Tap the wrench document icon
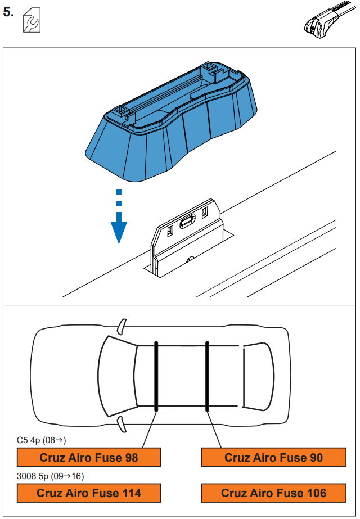31,22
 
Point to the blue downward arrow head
118,232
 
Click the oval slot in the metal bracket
187,224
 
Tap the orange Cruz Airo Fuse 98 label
89,458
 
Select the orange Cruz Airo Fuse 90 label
273,458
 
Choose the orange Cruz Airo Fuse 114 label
89,493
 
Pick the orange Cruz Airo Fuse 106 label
273,493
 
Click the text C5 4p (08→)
42,440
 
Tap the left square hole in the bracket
170,231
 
